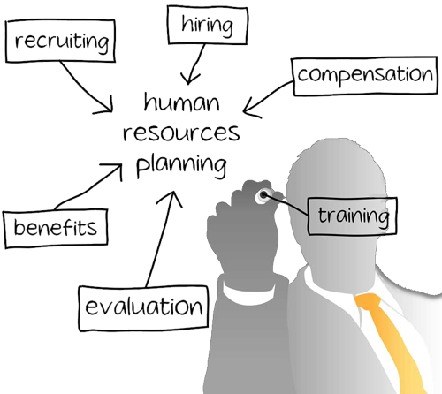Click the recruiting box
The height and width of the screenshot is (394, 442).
coord(60,41)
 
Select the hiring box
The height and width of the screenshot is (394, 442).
coord(208,25)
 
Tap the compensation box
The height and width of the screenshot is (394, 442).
coord(365,76)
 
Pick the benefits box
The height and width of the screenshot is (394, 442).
coord(56,228)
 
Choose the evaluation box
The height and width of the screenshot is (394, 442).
coord(143,307)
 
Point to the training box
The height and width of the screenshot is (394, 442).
coord(353,216)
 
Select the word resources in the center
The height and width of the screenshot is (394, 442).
coord(181,133)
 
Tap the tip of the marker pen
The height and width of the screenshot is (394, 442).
coord(263,194)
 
